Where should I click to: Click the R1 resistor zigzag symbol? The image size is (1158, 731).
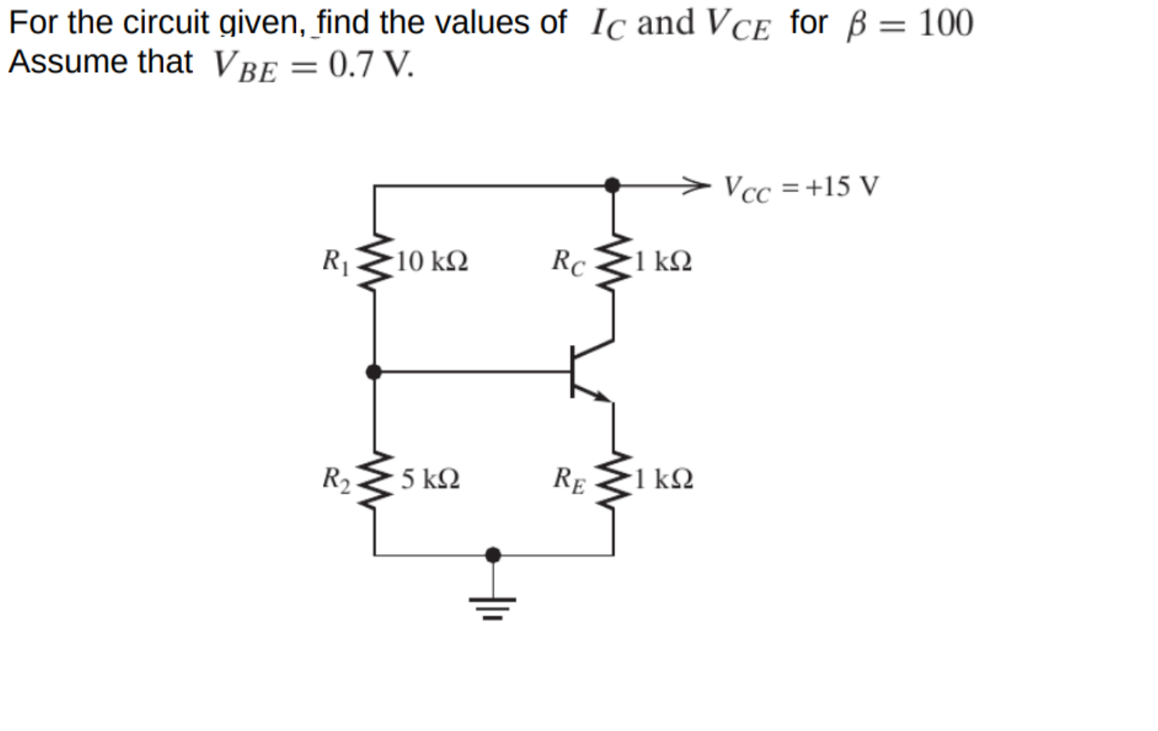375,261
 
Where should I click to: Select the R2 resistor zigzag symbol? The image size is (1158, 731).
375,478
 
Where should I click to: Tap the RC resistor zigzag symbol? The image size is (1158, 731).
613,261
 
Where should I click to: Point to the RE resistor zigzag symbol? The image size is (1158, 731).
613,478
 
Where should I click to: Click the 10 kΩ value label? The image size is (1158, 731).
431,261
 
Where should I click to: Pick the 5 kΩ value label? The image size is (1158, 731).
431,479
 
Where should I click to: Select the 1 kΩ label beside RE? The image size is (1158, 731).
663,479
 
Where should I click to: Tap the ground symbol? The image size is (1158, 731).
493,607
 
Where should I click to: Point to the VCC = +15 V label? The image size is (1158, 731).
801,188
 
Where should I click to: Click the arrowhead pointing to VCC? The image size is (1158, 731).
695,185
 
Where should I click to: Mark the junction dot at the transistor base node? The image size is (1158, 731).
374,372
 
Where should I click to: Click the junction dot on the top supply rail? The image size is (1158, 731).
612,185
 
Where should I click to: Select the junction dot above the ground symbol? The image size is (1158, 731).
493,556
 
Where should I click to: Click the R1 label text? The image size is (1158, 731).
335,261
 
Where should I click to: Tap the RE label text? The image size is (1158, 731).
569,479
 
